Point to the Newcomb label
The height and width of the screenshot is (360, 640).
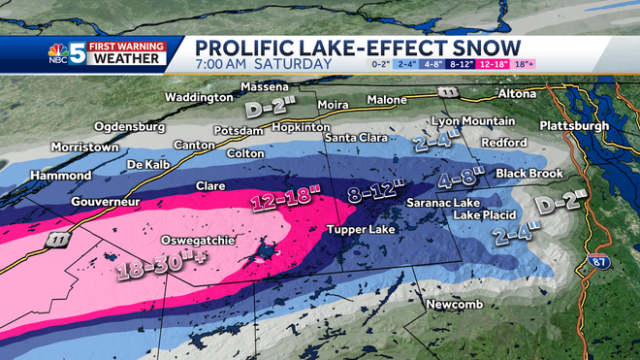(x=450, y=306)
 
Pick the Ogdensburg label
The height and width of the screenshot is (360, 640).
(x=134, y=126)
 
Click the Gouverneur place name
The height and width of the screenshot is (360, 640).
(x=106, y=201)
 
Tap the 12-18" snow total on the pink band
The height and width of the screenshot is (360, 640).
(x=285, y=200)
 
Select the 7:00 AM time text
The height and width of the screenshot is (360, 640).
(x=230, y=64)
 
